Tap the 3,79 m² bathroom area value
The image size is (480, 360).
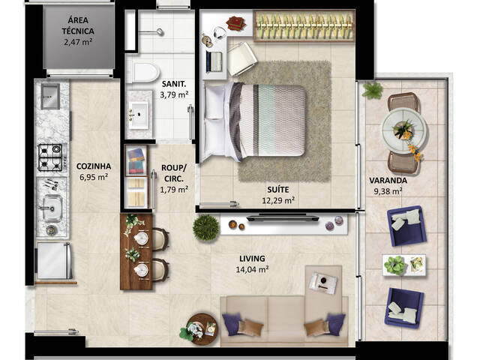(x=174, y=95)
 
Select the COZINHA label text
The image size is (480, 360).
(x=94, y=166)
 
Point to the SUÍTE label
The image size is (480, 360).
(x=277, y=190)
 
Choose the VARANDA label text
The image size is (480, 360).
(x=388, y=180)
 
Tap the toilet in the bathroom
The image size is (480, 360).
(x=142, y=70)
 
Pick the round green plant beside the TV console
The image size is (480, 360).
(x=205, y=227)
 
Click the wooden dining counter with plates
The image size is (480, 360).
(x=135, y=251)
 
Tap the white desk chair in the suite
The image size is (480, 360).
(x=241, y=58)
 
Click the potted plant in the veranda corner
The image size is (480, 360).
(x=372, y=91)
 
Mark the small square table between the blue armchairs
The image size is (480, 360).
(x=403, y=265)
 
